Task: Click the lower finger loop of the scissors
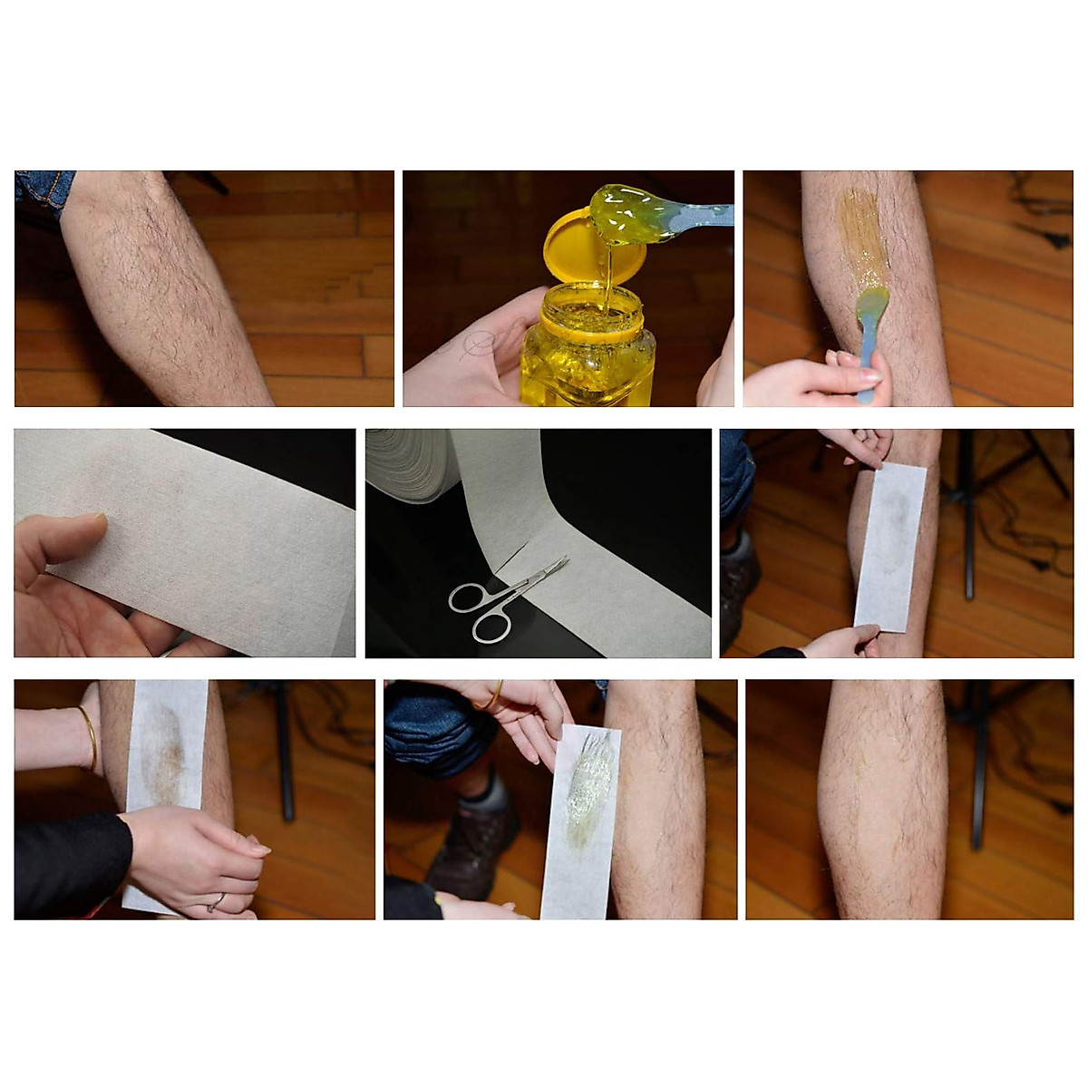pos(490,626)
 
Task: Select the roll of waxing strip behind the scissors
pos(413,462)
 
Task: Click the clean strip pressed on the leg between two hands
pos(890,544)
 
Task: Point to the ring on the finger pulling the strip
pos(215,901)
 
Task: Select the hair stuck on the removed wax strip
pos(585,789)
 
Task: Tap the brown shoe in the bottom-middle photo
pos(471,843)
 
